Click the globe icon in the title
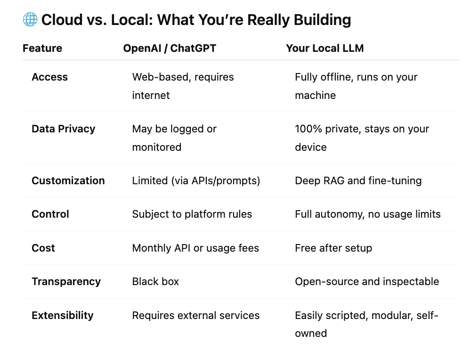point(30,20)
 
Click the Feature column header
point(42,48)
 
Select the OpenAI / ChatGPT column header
point(170,48)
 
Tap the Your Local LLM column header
point(325,48)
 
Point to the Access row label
point(49,77)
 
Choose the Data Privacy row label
point(63,129)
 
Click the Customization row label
point(68,180)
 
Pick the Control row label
point(50,214)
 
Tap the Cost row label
point(43,248)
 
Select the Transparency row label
point(66,281)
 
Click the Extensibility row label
point(62,315)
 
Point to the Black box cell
point(155,281)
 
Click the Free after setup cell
point(333,248)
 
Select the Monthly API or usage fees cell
point(195,248)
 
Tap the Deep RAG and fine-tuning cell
point(358,180)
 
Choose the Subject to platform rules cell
point(192,214)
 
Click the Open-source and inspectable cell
point(366,281)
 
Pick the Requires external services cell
point(195,315)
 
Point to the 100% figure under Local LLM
point(306,129)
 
